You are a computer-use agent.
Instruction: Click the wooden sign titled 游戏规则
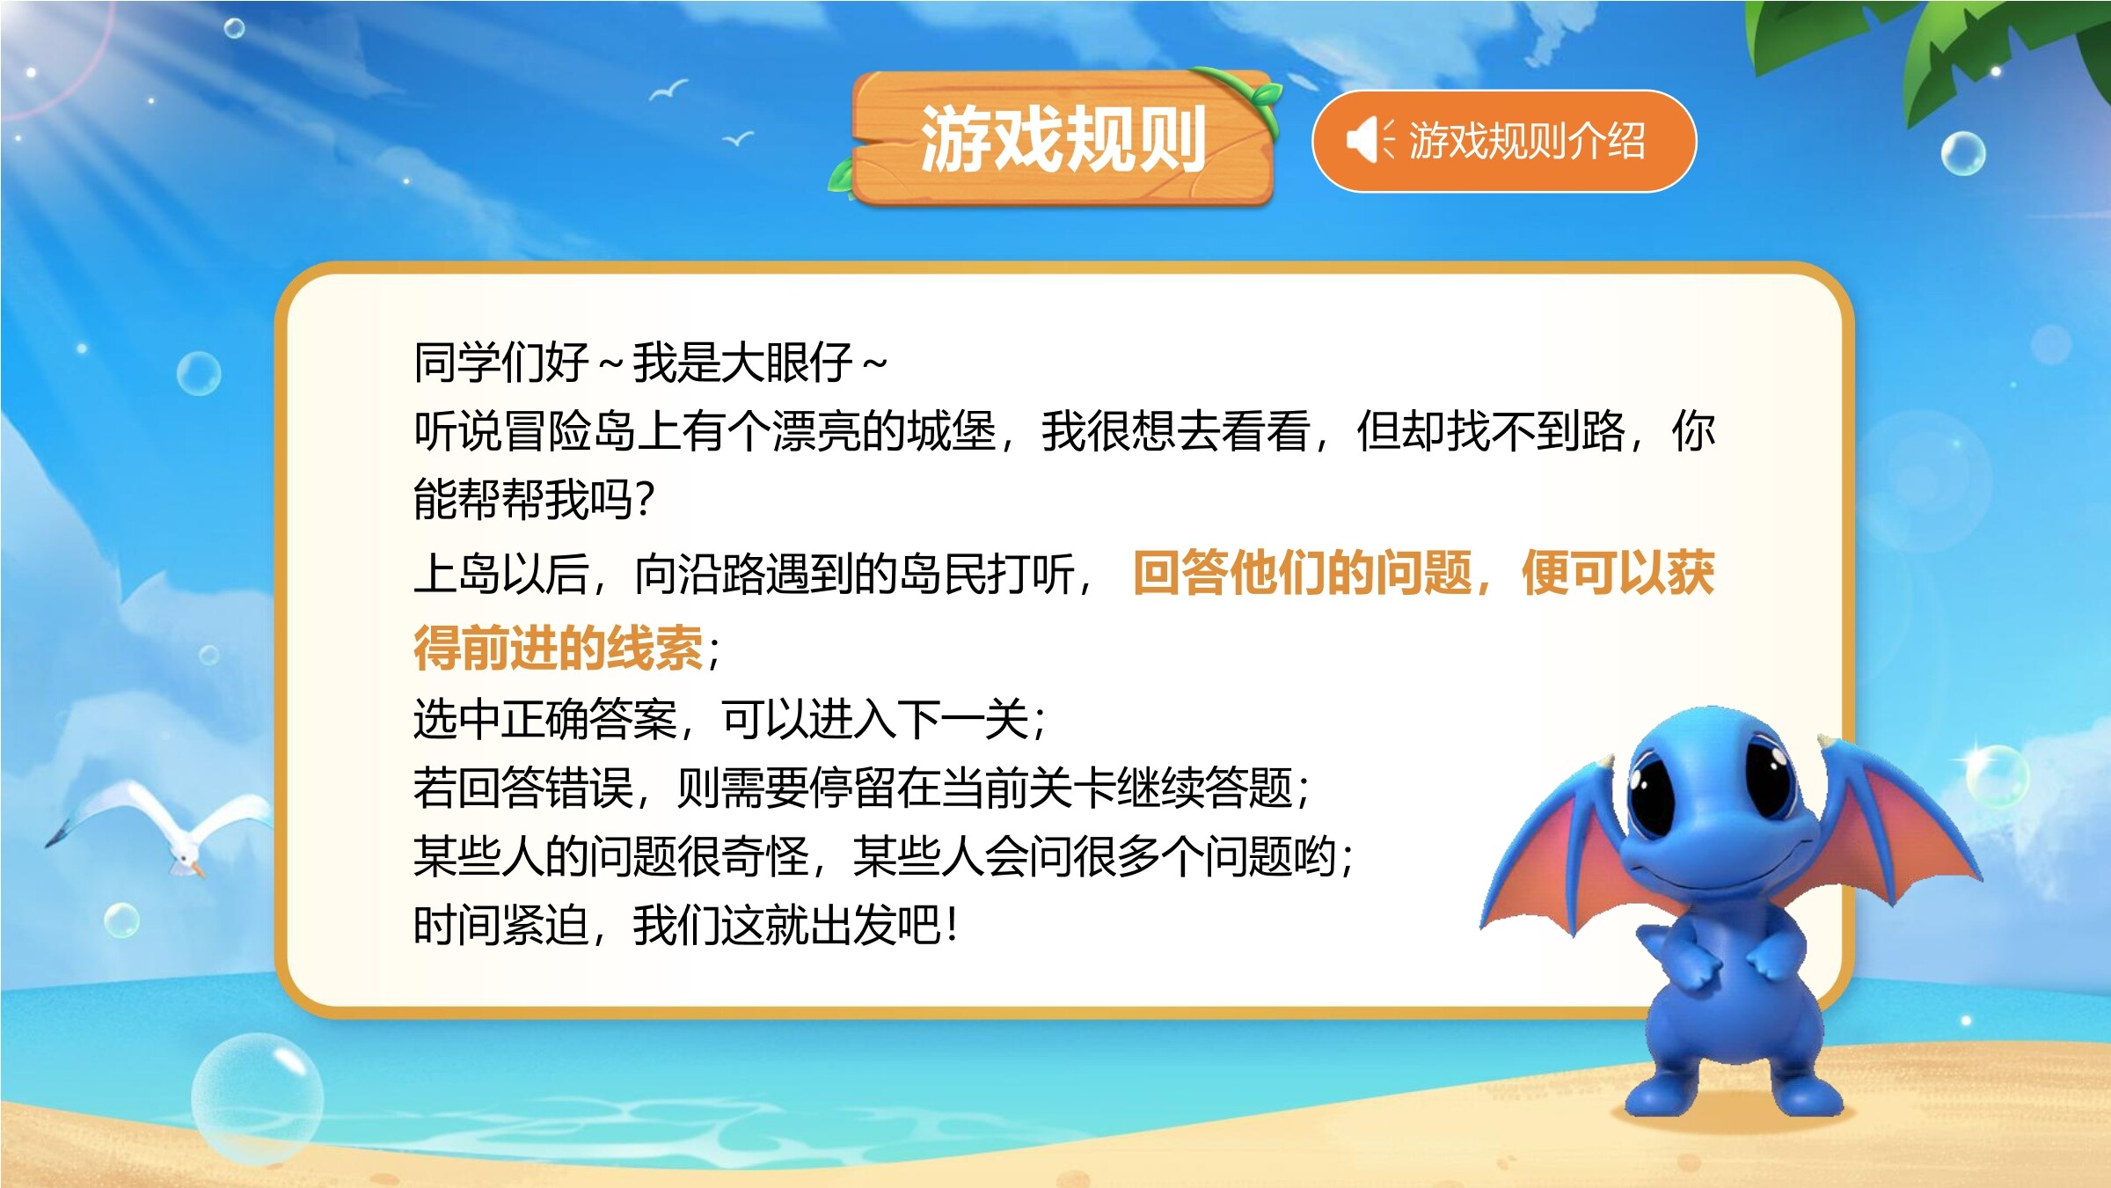1062,138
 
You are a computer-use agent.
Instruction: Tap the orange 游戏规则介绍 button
1503,141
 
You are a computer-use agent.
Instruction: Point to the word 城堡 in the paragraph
952,431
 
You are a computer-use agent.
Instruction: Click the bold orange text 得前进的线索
559,648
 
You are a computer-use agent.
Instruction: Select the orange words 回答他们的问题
1303,573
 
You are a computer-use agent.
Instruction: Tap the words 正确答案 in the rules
589,719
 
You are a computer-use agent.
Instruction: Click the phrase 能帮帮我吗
523,500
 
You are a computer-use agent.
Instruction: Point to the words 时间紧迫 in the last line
501,925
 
